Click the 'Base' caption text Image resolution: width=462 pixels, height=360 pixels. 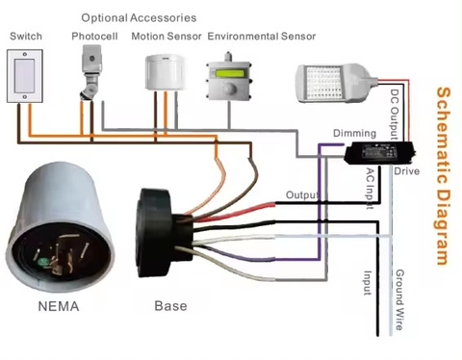tap(170, 307)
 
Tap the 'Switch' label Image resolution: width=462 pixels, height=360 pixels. tap(24, 37)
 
